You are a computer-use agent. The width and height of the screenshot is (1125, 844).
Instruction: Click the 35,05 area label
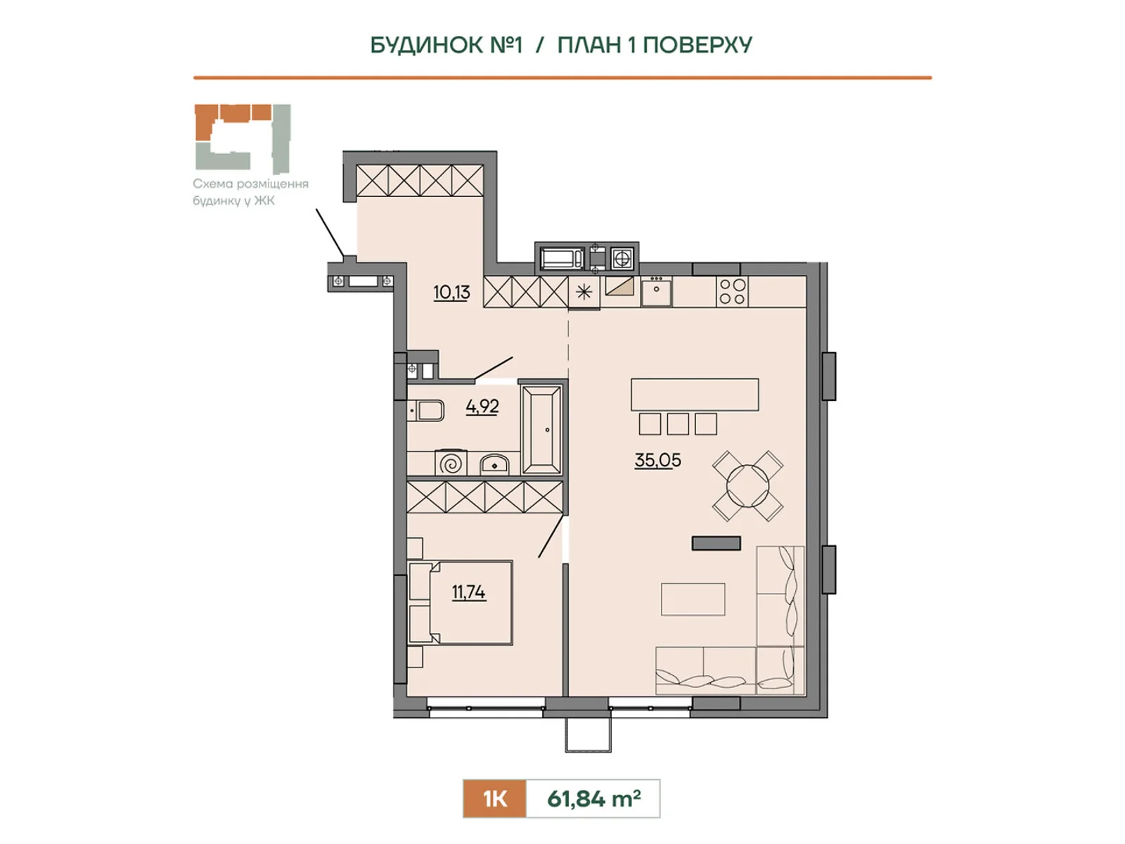click(657, 460)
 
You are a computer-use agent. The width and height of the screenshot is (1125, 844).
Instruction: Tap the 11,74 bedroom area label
click(468, 592)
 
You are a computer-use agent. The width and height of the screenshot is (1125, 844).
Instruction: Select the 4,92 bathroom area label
click(482, 407)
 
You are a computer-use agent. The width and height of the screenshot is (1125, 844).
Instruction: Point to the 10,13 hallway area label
click(451, 292)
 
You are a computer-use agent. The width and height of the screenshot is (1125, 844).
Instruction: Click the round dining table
click(748, 486)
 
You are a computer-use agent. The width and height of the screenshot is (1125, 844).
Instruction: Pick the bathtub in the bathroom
click(541, 430)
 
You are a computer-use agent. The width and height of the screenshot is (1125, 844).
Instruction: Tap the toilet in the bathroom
click(426, 411)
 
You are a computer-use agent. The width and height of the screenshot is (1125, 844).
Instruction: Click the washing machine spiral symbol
click(451, 464)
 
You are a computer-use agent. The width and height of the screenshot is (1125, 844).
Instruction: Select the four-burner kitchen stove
click(732, 292)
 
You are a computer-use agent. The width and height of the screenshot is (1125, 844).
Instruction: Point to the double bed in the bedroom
click(461, 603)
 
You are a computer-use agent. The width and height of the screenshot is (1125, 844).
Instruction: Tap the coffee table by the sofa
click(693, 599)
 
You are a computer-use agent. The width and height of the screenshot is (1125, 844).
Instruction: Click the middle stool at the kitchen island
click(678, 424)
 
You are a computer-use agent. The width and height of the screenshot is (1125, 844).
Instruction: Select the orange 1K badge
click(494, 799)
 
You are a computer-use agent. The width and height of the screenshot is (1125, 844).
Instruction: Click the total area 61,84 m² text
click(593, 799)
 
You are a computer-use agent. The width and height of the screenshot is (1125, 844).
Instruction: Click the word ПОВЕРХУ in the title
click(697, 45)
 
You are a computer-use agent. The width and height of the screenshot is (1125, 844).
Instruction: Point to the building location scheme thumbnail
click(243, 139)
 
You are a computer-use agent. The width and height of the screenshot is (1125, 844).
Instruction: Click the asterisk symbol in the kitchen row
click(584, 292)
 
